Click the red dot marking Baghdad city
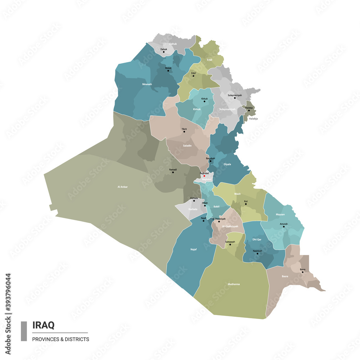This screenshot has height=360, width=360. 204,176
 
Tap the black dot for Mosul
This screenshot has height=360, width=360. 168,71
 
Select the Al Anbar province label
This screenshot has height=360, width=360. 123,187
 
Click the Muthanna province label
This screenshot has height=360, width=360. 234,284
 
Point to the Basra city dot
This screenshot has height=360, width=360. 302,272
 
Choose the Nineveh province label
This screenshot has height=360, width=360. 147,84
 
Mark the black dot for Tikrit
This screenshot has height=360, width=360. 184,131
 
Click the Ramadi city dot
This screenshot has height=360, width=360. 173,172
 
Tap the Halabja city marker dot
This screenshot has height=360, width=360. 248,110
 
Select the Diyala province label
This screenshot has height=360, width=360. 227,164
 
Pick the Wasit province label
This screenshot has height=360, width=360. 237,194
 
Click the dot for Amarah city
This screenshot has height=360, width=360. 284,226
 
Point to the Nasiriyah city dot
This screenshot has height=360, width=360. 257,253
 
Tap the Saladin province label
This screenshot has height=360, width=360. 187,146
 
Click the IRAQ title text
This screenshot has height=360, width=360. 44,325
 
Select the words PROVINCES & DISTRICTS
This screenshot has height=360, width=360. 60,339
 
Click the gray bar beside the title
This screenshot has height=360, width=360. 24,331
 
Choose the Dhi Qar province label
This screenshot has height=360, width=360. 257,239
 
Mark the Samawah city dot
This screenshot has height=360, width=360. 230,244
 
